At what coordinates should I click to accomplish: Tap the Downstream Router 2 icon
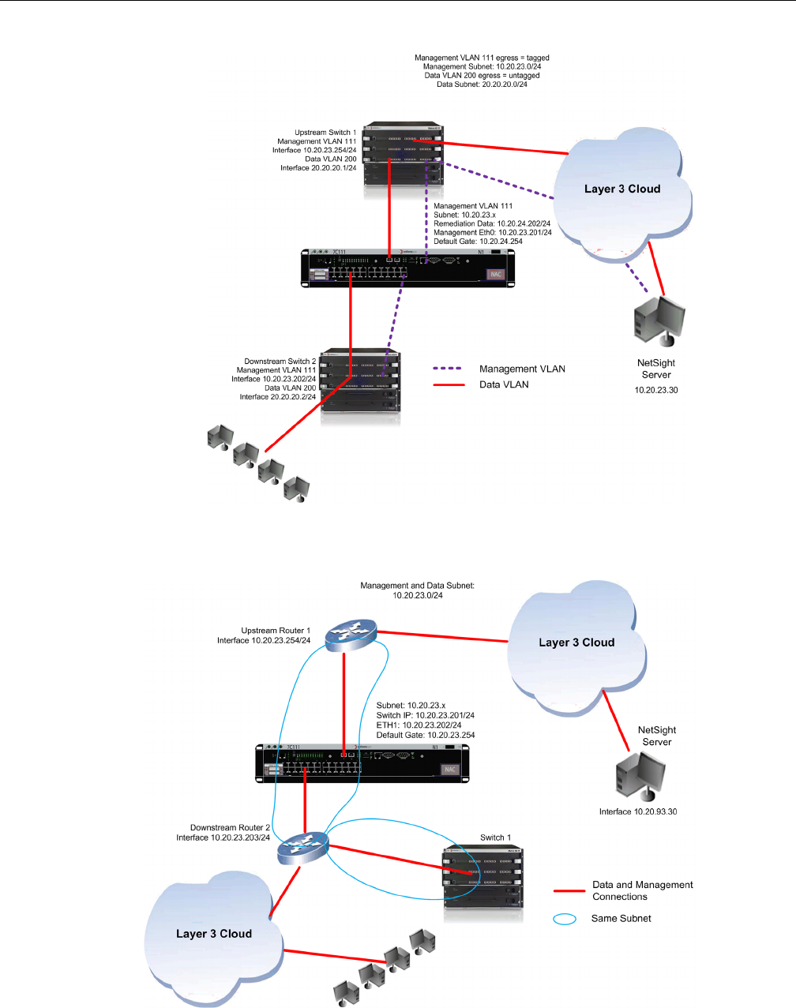click(x=302, y=848)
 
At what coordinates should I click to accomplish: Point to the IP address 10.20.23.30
click(x=656, y=390)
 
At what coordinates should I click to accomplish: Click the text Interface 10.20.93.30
click(x=638, y=811)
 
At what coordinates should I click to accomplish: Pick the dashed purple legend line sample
click(x=448, y=369)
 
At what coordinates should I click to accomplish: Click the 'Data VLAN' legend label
click(x=504, y=384)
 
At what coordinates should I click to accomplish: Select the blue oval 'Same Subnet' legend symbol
click(x=565, y=919)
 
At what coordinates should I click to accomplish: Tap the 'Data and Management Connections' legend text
click(x=643, y=890)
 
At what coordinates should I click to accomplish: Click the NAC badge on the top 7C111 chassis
click(x=495, y=275)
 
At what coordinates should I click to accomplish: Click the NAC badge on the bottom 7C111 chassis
click(x=450, y=770)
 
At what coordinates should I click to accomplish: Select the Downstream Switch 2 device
click(x=360, y=388)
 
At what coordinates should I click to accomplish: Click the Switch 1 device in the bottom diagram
click(x=482, y=882)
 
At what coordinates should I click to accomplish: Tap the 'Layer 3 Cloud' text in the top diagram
click(x=622, y=189)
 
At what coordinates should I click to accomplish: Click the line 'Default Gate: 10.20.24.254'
click(x=478, y=241)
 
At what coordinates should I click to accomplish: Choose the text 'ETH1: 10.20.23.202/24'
click(x=419, y=725)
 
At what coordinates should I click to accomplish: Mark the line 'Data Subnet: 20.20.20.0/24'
click(x=482, y=84)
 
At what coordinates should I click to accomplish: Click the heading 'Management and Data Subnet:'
click(x=418, y=586)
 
